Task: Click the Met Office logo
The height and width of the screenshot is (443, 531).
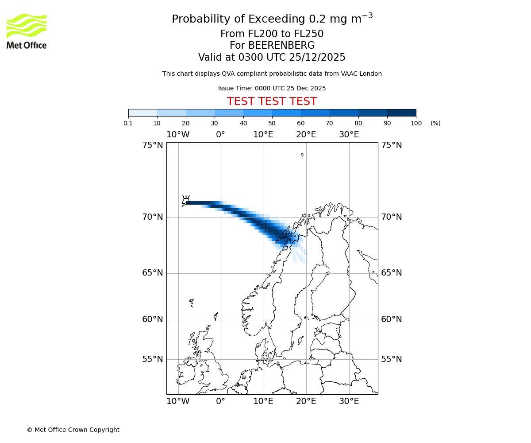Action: coord(27,31)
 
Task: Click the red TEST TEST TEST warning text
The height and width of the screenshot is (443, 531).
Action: coord(272,101)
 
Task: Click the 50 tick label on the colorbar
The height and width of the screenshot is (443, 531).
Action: coord(272,123)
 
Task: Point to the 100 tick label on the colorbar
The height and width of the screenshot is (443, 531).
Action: coord(416,123)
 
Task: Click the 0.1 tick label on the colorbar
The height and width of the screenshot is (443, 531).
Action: coord(128,123)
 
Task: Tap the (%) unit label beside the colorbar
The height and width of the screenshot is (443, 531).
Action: coord(435,123)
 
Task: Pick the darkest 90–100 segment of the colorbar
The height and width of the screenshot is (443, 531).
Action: coord(401,113)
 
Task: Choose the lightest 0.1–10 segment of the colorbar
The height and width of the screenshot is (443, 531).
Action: coord(143,113)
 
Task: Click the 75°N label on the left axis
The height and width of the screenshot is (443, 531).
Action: coord(152,145)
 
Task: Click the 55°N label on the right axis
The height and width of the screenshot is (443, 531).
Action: coord(392,359)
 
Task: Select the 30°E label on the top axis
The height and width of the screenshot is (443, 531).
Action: coord(349,135)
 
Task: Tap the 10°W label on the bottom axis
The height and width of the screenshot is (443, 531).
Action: coord(178,401)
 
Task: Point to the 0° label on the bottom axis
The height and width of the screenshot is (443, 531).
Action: coord(220,401)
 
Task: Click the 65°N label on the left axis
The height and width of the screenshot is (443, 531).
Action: coord(152,273)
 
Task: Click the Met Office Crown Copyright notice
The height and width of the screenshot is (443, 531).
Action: coord(73,430)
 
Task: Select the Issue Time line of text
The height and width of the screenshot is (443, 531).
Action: coord(272,88)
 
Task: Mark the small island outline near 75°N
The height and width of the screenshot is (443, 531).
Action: coord(302,155)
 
